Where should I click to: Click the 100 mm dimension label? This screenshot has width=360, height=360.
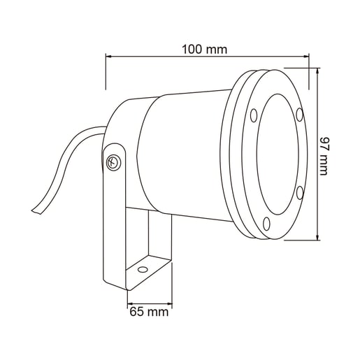tap(204, 50)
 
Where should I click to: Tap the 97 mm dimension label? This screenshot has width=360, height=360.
tap(324, 157)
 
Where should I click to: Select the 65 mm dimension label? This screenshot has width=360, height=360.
tap(149, 312)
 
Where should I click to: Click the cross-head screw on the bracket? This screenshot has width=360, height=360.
tap(113, 162)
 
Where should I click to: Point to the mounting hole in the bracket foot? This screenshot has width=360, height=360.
tap(143, 270)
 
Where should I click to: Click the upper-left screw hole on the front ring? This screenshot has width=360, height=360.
tap(254, 115)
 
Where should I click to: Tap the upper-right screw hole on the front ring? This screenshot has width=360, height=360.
tap(299, 115)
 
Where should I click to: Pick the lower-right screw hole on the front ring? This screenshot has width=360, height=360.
tap(300, 192)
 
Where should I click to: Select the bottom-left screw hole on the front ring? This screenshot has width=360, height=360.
tap(266, 224)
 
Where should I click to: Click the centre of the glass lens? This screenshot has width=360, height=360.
tap(278, 154)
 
